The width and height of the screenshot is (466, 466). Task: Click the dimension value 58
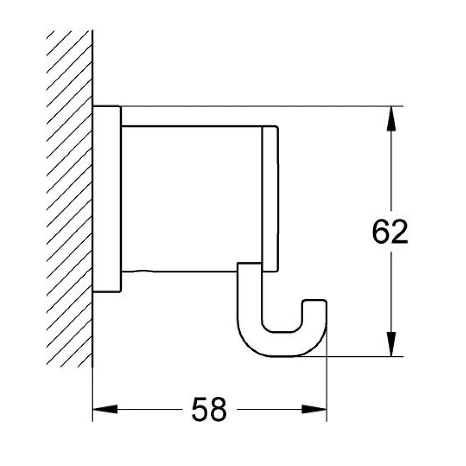click(209, 410)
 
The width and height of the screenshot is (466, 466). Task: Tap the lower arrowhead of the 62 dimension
click(390, 344)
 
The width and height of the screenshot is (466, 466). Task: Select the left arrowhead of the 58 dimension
click(105, 410)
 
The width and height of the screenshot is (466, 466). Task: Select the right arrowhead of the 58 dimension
click(315, 410)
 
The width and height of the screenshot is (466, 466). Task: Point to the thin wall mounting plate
click(107, 199)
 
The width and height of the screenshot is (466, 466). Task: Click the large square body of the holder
click(191, 199)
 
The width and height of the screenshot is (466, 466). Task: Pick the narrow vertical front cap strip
click(270, 199)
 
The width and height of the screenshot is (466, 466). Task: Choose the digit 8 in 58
click(218, 410)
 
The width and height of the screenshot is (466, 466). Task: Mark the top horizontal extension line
click(257, 106)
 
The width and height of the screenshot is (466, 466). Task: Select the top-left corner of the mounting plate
click(94, 106)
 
